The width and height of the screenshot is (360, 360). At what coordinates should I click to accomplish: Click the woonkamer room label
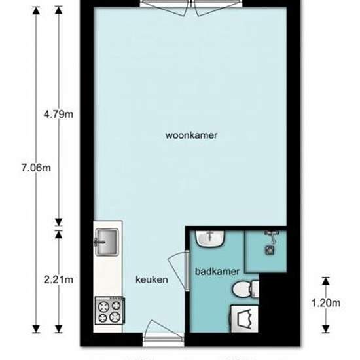coord(191,135)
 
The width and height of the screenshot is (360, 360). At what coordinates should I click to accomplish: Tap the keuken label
coord(152,279)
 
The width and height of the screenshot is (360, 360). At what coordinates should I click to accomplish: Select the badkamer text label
coord(217,272)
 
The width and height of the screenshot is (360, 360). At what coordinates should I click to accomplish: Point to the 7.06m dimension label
coord(36,168)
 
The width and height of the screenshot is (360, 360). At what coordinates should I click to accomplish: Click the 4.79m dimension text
coord(58,114)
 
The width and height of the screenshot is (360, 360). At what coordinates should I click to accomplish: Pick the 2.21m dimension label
coord(58,279)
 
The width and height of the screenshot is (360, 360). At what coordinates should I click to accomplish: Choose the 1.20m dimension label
coord(326,303)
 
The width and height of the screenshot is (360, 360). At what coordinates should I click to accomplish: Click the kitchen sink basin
coord(107,242)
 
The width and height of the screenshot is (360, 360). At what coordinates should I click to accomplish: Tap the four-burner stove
coord(110,310)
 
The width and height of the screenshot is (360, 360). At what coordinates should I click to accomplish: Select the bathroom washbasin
coord(210,239)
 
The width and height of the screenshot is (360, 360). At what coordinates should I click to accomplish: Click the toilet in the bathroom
coord(245,289)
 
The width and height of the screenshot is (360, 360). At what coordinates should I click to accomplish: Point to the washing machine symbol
coord(244,319)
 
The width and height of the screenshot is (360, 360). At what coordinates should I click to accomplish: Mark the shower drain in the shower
coord(270,250)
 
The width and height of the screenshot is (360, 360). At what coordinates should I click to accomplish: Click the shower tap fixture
coord(272,236)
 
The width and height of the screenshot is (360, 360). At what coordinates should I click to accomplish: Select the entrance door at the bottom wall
coord(164,333)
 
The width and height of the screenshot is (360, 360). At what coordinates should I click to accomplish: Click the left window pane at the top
coord(166,8)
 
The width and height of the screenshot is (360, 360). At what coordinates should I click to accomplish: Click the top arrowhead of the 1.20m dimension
coord(325,281)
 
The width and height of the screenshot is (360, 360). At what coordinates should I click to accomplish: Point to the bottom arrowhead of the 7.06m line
coord(36,329)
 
